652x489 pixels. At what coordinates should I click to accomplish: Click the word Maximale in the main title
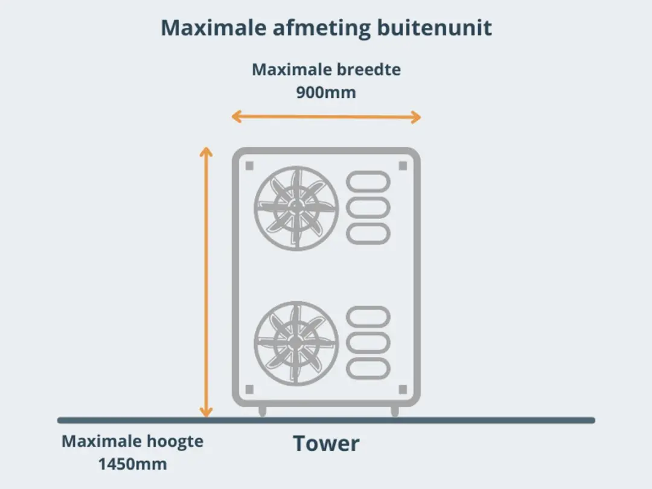tap(213, 28)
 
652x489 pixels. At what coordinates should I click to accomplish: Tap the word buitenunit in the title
tap(434, 28)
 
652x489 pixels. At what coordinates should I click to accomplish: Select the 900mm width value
tap(326, 92)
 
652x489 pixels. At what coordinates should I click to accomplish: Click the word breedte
tap(368, 69)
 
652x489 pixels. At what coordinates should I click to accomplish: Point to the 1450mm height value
tap(133, 464)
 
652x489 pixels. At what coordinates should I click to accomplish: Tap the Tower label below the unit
tap(326, 443)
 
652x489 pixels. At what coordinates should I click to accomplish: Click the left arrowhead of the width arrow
tap(236, 117)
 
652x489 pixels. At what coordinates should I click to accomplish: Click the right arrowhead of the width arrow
tap(416, 117)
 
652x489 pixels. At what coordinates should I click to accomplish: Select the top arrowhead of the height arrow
tap(206, 152)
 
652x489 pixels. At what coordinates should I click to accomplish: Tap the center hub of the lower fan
tap(296, 342)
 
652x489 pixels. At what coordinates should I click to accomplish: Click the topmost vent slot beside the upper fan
tap(368, 182)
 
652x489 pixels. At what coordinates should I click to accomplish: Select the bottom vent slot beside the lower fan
tap(368, 369)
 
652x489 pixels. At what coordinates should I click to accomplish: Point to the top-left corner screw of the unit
tap(249, 166)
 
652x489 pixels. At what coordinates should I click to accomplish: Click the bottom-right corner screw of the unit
tap(403, 389)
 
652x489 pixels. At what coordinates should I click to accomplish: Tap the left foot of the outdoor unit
tap(263, 411)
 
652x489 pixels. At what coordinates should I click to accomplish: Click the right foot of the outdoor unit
tap(395, 411)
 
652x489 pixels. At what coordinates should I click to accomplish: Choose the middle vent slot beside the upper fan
tap(368, 208)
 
